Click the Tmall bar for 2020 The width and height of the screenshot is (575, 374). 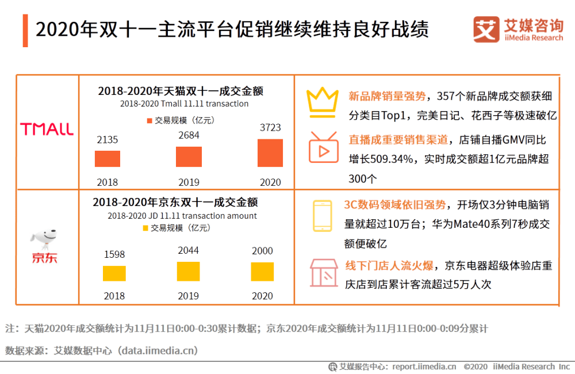(270, 153)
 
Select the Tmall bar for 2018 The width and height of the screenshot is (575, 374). (108, 159)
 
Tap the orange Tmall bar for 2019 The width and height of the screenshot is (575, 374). (189, 157)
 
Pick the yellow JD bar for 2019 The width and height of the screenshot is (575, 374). (189, 271)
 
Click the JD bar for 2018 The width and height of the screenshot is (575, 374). (114, 273)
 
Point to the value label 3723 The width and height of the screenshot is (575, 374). (270, 130)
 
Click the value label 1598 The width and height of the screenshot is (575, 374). (114, 254)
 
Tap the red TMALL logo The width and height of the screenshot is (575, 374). (47, 129)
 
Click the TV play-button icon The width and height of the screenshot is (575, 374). (323, 148)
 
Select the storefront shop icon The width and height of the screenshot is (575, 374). (323, 272)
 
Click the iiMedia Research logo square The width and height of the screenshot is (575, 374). (486, 29)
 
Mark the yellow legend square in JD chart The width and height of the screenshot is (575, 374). (145, 228)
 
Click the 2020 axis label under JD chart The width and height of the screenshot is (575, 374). (262, 296)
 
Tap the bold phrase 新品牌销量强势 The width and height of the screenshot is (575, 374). (387, 96)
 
